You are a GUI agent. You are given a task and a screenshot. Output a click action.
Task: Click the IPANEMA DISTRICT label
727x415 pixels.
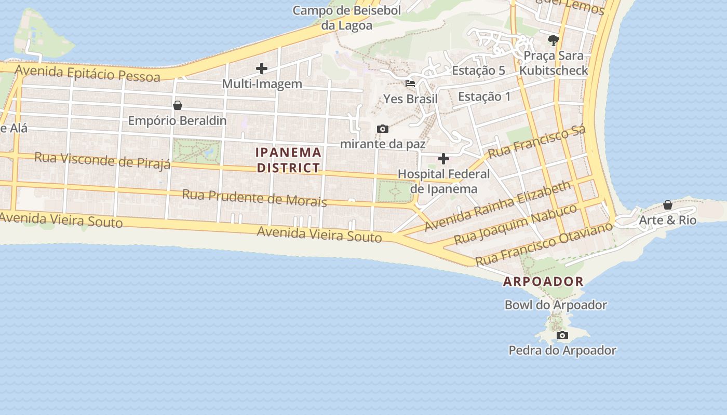tap(288, 160)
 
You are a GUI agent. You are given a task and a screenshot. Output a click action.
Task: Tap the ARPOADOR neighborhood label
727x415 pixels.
tap(543, 282)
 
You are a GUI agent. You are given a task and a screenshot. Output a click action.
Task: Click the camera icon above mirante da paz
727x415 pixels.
tap(383, 129)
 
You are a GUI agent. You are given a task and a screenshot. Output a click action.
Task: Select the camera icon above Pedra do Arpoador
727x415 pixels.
tap(562, 336)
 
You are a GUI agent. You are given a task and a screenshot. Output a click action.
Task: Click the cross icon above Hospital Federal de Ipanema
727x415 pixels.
tap(443, 159)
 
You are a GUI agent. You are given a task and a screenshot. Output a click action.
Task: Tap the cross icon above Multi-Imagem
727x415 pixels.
tap(262, 68)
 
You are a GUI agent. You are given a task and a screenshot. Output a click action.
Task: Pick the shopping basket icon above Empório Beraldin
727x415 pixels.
tap(178, 105)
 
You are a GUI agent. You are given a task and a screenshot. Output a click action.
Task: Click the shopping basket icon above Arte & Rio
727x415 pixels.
tap(668, 205)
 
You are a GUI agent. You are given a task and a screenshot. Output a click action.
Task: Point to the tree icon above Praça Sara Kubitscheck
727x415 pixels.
tap(554, 40)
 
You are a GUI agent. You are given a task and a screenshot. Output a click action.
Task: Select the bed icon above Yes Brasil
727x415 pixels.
tap(410, 83)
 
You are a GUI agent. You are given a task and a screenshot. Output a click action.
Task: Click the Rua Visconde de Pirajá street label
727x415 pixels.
tap(102, 160)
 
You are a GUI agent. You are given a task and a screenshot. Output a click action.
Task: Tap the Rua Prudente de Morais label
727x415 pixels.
tap(254, 198)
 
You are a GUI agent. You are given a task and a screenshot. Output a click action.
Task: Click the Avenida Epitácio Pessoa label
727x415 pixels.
tap(87, 73)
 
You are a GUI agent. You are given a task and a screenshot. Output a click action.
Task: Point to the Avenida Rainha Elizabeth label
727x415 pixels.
tap(497, 206)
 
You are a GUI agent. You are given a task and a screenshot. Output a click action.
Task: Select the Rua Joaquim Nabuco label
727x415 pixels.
tap(515, 224)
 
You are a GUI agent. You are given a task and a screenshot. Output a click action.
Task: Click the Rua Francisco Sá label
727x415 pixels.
tap(537, 142)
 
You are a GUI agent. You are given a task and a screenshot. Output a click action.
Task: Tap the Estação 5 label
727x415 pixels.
tap(478, 71)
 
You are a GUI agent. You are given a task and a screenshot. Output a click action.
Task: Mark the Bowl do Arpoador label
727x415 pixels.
tap(556, 305)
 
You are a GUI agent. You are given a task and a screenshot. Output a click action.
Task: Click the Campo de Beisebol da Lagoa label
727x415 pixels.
tap(347, 18)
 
